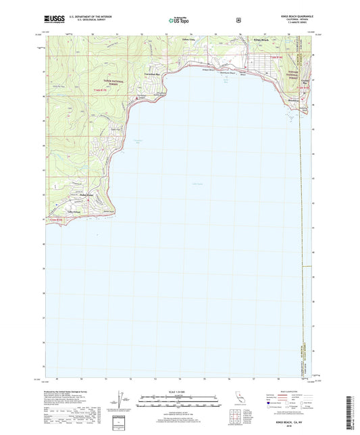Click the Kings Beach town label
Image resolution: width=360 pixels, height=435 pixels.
coord(261,41)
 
